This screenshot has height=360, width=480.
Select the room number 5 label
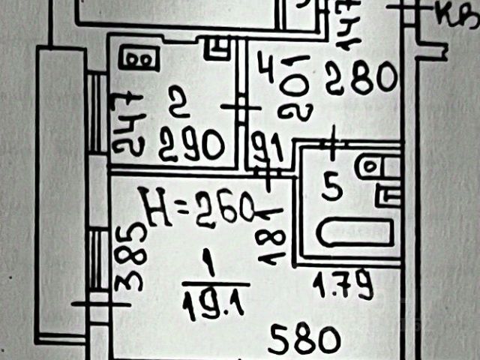click(x=328, y=185)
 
